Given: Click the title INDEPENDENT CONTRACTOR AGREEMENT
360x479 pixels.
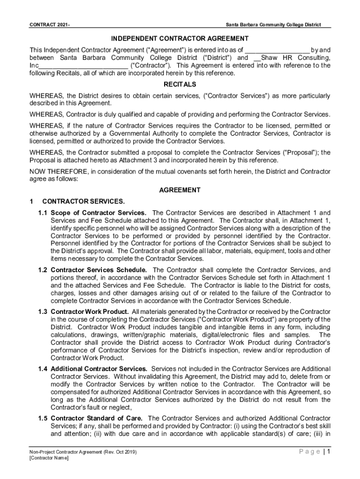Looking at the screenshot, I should coord(180,38).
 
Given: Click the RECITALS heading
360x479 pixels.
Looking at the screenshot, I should coord(180,85).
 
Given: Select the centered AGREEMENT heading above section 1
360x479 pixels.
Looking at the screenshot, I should coord(180,190).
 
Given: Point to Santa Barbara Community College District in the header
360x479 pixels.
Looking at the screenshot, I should coord(273,24).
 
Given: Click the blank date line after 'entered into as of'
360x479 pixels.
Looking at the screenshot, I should coord(277,50).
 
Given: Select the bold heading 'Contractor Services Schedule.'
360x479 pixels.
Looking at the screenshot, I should coord(99,270).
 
